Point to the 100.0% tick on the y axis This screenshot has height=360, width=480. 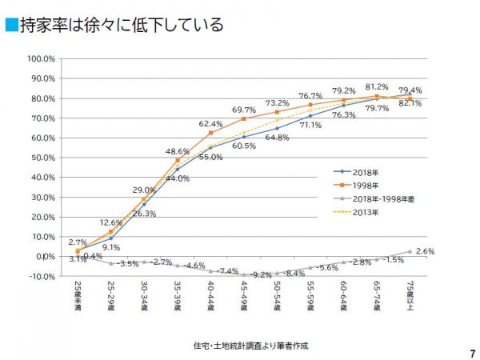[40, 58]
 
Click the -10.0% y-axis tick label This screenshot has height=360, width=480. [39, 276]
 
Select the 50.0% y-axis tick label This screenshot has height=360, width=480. [41, 158]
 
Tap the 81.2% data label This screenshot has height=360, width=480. [377, 86]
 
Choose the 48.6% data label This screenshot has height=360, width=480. [178, 151]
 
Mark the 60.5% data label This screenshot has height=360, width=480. [244, 146]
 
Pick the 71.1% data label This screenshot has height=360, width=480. [311, 125]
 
